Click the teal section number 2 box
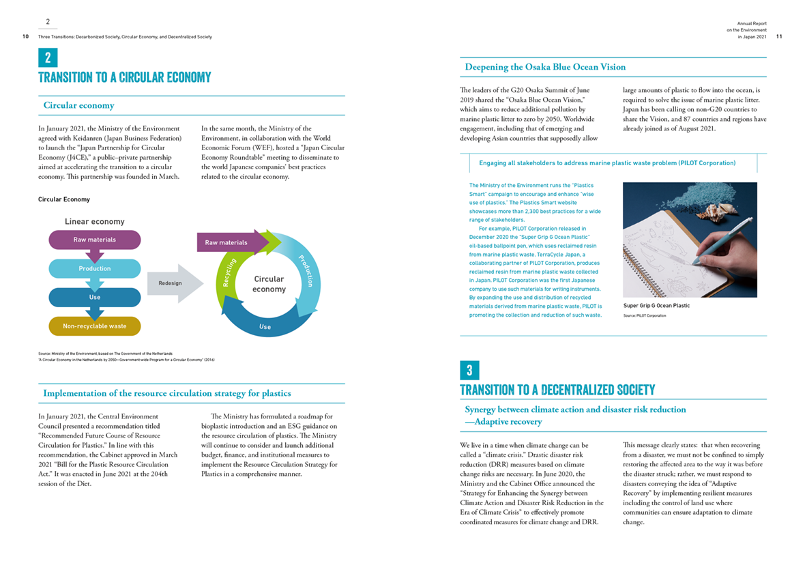click(x=48, y=57)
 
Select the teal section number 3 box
click(x=469, y=370)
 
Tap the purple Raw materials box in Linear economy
click(x=95, y=240)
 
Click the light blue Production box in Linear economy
click(x=95, y=268)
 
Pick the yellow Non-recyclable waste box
click(x=95, y=326)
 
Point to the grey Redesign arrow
click(x=174, y=283)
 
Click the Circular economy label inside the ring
click(x=269, y=284)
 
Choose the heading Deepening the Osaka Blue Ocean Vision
click(x=545, y=67)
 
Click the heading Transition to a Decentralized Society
click(x=557, y=390)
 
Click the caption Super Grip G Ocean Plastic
click(x=656, y=306)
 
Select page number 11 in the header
click(x=779, y=37)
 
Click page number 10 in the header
click(x=25, y=37)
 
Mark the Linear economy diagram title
click(x=95, y=222)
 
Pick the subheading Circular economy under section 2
click(x=78, y=106)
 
